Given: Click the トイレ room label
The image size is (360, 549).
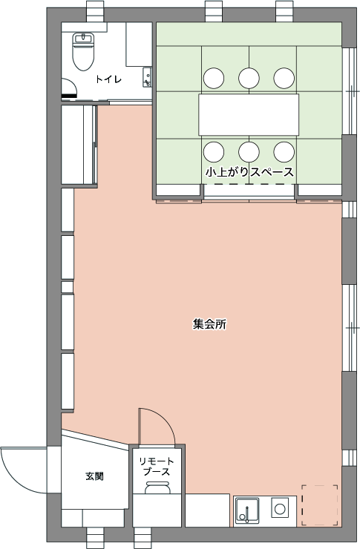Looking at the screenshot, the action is (108, 79).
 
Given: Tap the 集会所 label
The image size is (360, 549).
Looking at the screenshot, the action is (209, 324).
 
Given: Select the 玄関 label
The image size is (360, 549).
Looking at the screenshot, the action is (94, 476).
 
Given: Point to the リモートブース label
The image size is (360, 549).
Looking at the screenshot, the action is (157, 467).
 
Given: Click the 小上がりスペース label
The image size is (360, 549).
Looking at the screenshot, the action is (249, 172).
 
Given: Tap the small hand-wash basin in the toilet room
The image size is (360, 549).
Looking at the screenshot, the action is (147, 77).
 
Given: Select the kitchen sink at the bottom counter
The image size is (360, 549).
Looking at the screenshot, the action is (247, 510).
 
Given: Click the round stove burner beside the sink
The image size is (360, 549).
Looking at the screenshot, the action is (279, 508).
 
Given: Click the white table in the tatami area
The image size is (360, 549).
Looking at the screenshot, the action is (249, 114).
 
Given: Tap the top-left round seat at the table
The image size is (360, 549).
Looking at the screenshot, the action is (214, 78).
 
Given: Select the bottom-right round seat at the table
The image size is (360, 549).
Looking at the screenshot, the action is (284, 152).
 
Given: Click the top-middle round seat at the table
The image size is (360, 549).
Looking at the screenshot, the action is (249, 78).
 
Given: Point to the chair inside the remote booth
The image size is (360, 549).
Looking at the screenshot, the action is (157, 487).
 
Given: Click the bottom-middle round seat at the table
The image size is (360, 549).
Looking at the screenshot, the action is (249, 152).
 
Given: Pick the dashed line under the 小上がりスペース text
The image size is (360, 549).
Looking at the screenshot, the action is (249, 184).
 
